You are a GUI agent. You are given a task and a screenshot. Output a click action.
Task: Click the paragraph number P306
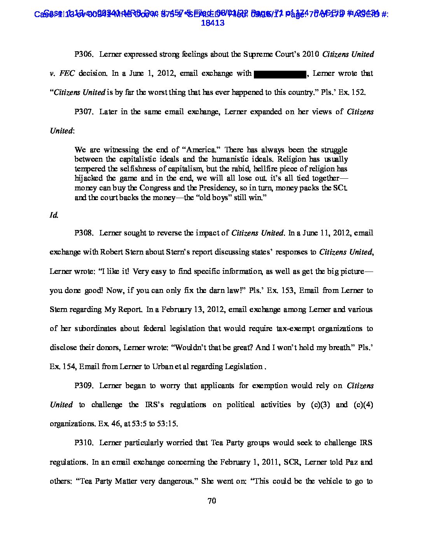tap(84, 54)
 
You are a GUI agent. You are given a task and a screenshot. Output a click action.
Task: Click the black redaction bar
tap(280, 74)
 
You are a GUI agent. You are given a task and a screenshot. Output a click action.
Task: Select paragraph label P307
tap(84, 112)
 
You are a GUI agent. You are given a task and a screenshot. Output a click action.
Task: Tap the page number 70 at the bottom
tap(211, 501)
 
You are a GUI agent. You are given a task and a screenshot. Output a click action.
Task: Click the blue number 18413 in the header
tap(213, 23)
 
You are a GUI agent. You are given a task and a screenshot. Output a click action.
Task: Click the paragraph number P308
tap(84, 233)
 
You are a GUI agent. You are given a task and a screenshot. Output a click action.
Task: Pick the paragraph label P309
tap(84, 386)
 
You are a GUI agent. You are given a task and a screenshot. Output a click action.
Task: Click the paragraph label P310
tap(84, 443)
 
